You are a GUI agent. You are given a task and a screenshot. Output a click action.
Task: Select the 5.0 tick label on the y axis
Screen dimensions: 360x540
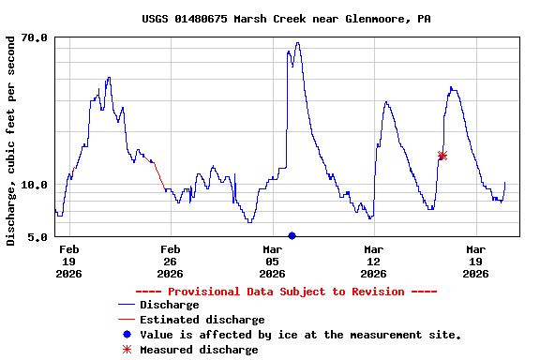coord(37,237)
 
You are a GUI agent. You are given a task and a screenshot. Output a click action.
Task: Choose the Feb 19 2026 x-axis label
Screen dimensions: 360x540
coord(68,262)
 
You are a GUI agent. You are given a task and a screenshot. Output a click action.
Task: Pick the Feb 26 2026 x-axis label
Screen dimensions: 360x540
coord(170,262)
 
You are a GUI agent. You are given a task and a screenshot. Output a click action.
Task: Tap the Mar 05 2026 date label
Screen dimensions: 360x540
coord(272,262)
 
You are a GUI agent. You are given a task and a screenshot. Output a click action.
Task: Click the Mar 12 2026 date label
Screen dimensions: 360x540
coord(373,262)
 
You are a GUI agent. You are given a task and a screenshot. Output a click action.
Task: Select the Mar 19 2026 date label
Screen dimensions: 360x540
coord(475,262)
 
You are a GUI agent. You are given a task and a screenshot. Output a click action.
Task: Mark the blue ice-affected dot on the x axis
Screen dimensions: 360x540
coord(292,235)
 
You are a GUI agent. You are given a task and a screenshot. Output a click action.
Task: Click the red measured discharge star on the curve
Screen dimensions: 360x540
coord(442,156)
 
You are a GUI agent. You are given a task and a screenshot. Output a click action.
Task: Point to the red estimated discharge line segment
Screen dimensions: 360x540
coord(158,172)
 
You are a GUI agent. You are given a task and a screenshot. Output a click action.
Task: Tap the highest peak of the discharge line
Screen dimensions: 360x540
coord(297,43)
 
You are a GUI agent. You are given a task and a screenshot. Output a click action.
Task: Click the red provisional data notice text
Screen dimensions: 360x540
coord(286,292)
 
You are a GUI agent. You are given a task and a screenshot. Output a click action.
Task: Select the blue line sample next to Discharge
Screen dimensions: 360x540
coord(127,305)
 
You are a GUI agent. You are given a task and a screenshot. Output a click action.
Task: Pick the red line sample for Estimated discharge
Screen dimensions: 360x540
coord(127,320)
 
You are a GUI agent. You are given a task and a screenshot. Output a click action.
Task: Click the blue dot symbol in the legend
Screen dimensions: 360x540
coord(127,335)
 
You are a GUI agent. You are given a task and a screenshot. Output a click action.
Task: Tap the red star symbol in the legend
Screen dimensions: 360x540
coord(127,350)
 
